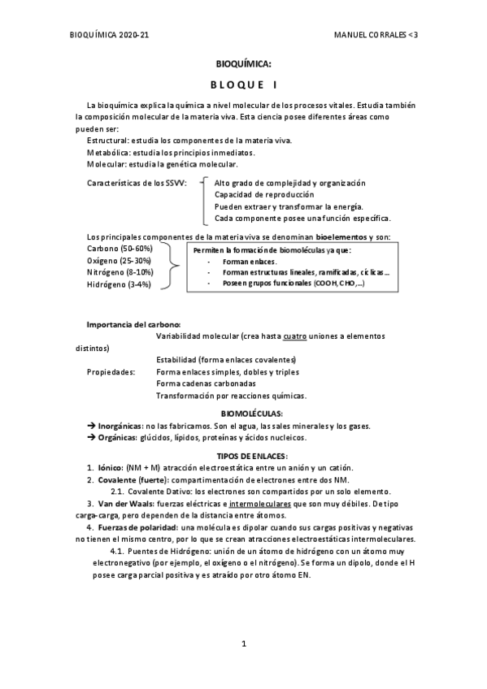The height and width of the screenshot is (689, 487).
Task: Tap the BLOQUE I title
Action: pos(243,85)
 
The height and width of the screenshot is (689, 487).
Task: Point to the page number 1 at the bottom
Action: pos(243,643)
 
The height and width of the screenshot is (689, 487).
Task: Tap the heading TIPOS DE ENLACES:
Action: pos(243,456)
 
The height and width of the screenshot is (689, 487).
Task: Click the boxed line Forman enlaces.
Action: pos(249,262)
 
